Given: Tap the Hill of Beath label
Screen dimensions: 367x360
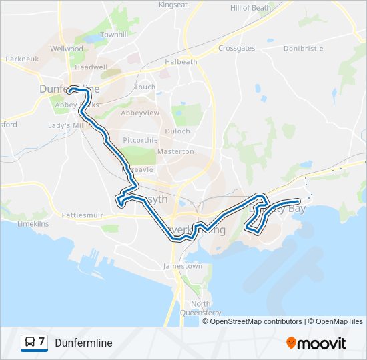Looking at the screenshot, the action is click(250, 8).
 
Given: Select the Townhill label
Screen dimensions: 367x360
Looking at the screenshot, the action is click(114, 34).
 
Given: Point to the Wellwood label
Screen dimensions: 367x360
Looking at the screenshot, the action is click(67, 49).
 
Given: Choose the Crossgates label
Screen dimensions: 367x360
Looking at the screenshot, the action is click(237, 49).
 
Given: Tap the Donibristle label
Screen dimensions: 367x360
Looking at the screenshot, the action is click(303, 49).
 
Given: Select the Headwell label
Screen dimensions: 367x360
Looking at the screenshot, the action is click(91, 67).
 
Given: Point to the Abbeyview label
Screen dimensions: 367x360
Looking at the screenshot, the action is click(141, 113).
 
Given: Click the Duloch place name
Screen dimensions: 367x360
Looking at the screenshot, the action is click(177, 131).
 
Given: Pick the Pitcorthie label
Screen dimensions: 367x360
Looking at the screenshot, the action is click(141, 140).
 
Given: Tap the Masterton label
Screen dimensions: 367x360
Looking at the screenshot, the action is click(175, 151).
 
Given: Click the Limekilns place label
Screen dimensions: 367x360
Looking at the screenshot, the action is click(33, 224).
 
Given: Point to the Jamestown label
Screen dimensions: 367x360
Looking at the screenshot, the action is click(183, 266).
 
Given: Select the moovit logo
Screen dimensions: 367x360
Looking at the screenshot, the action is click(316, 343).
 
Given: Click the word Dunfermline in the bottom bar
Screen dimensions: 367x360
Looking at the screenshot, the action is click(84, 343).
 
